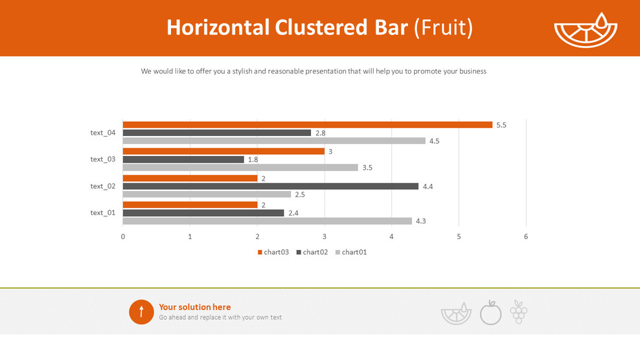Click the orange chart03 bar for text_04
coord(307,125)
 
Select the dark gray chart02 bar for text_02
coord(270,186)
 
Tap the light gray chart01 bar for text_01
coord(267,221)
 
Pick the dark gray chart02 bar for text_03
coord(183,159)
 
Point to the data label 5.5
coord(501,125)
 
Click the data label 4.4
coord(428,186)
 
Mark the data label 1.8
coord(253,159)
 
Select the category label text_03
coord(103,159)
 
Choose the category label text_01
coord(103,212)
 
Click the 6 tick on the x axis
coord(526,236)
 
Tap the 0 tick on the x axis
coord(123,236)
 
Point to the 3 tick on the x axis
coord(325,236)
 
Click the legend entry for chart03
coord(273,252)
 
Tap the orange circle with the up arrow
coord(141,312)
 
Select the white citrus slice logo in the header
coord(586,31)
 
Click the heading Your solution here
coord(194,307)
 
